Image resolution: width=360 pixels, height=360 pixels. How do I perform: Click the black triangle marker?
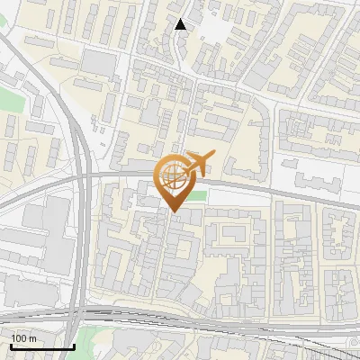[181, 24]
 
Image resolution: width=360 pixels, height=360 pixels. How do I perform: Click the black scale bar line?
[41, 347]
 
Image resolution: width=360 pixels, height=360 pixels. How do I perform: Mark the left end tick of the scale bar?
[10, 346]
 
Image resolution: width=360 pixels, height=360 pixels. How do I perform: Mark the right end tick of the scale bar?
[73, 346]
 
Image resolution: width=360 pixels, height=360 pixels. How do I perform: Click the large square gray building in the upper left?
[100, 62]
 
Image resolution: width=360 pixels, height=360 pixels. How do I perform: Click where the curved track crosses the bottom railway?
[83, 310]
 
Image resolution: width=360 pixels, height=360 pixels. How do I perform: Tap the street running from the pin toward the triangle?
[180, 108]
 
